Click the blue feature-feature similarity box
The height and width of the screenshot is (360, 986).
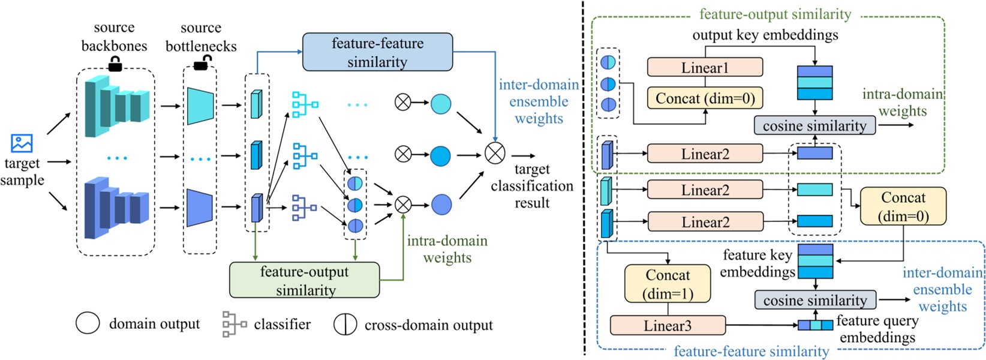coord(377,52)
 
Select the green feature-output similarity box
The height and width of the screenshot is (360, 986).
coord(305,280)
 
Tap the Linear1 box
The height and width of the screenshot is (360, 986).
coord(705,67)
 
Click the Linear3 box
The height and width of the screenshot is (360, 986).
coord(668,325)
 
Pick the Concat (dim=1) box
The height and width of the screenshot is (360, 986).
coord(668,284)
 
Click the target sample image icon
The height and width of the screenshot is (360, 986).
coord(22,143)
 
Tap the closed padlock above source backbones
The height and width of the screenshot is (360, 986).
coord(115,63)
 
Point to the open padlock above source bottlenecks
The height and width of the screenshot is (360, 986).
coord(202,62)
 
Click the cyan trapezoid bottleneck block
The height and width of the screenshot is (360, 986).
coord(200,106)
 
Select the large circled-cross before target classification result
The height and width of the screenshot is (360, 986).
coord(495,153)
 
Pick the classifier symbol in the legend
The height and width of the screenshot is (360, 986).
coord(234,324)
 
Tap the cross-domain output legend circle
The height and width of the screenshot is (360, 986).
coord(345,324)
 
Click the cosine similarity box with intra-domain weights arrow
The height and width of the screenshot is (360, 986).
coord(814,125)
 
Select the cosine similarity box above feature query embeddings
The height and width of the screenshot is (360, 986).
coord(814,299)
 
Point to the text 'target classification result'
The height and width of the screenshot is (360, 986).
coord(532,186)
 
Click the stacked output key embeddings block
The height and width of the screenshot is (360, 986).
coord(814,83)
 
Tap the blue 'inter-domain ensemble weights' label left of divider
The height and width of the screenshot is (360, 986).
coord(539,101)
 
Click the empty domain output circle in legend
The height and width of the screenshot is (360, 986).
coord(88,323)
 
